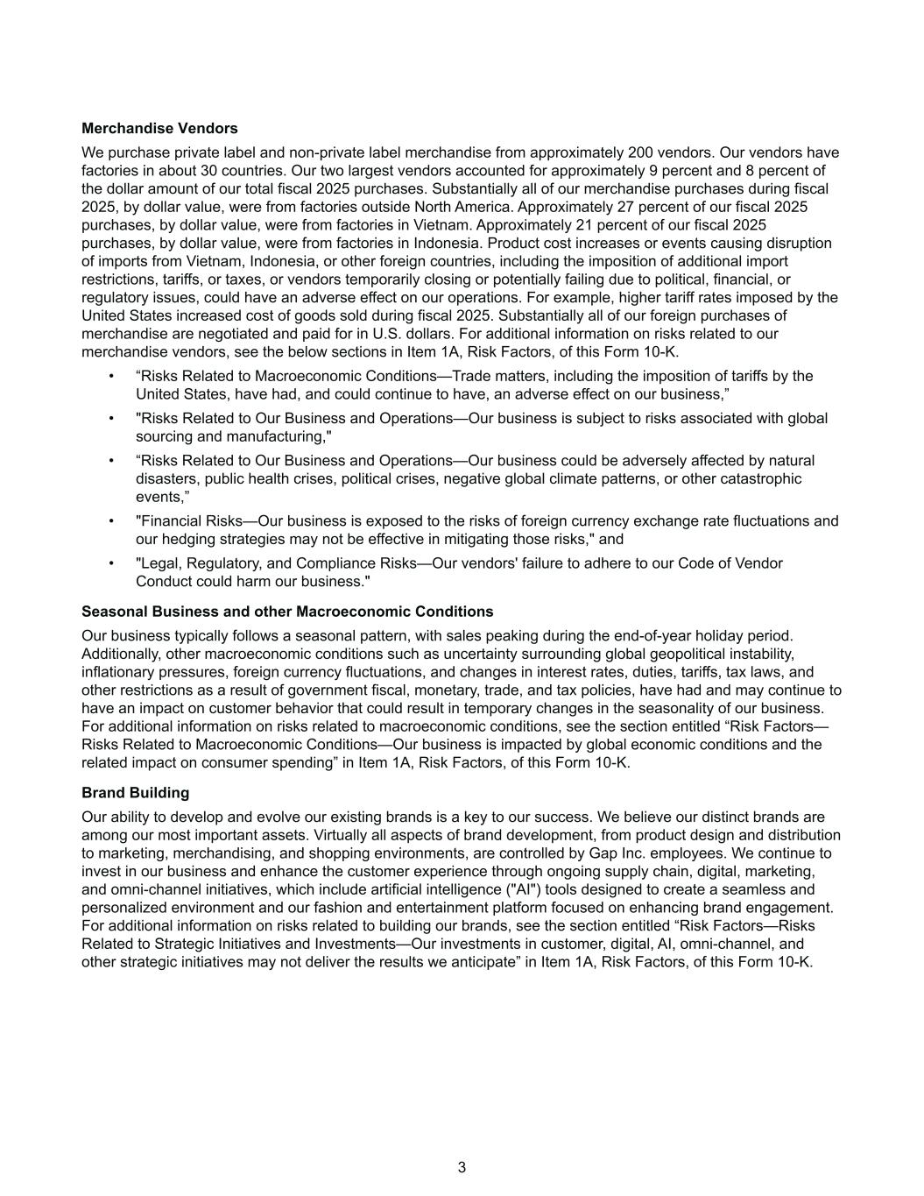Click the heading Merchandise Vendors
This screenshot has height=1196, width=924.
tap(159, 129)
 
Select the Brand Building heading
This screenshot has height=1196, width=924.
tap(135, 793)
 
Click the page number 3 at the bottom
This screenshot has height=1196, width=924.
tap(462, 1167)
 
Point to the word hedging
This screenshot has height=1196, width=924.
tap(189, 540)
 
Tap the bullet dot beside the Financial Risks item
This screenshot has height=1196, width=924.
tap(111, 521)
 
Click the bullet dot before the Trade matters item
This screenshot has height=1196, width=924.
tap(111, 376)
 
